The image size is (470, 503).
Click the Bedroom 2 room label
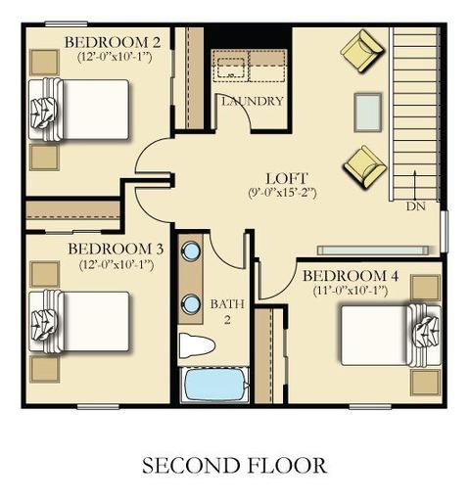click(113, 42)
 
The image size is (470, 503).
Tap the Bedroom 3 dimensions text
click(117, 264)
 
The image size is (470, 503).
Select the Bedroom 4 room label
click(351, 276)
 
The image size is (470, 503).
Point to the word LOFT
click(287, 179)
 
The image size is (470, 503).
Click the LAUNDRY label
click(253, 102)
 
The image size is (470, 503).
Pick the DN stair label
click(416, 206)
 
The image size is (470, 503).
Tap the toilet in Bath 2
click(197, 345)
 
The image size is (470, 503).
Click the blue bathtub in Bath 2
click(214, 385)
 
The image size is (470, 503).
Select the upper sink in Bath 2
click(191, 251)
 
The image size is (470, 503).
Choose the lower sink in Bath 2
click(191, 303)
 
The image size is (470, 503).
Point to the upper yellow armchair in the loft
click(362, 51)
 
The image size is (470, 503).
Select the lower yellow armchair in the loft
click(364, 166)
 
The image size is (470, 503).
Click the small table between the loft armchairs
click(368, 113)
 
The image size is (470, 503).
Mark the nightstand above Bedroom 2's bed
click(44, 63)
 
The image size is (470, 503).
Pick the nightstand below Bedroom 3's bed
click(44, 369)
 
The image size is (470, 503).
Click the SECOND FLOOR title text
click(234, 466)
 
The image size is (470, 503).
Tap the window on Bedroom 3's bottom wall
click(98, 406)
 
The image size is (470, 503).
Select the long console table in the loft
click(373, 251)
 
